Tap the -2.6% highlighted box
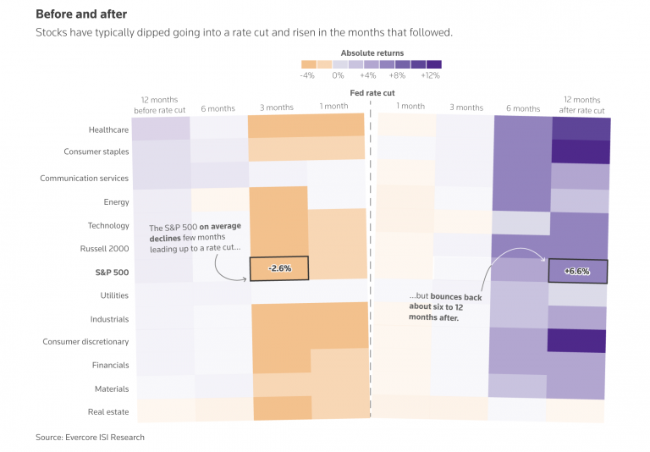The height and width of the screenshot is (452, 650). [279, 268]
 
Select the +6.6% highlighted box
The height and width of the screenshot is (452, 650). [577, 272]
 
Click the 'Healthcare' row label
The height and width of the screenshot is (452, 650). [108, 130]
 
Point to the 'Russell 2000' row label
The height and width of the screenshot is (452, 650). [105, 249]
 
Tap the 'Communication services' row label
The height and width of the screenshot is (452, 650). [84, 179]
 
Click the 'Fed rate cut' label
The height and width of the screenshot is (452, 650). [372, 92]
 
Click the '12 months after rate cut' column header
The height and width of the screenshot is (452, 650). [581, 105]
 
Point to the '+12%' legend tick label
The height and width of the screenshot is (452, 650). [431, 74]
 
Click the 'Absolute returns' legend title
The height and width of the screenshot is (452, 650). [372, 52]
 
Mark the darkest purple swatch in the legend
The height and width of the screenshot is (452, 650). [434, 64]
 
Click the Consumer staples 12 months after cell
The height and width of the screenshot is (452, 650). [581, 152]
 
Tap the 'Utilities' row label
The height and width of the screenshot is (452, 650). [114, 295]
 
